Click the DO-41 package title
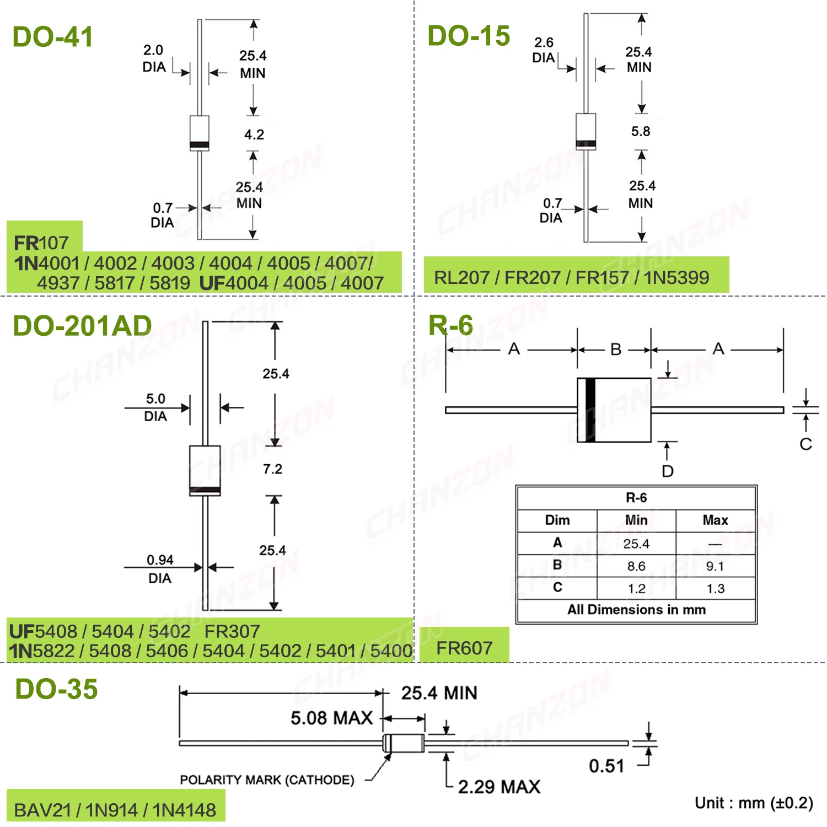click(x=52, y=37)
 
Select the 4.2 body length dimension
click(x=254, y=135)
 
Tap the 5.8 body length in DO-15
click(x=641, y=131)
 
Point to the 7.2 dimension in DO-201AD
click(x=272, y=469)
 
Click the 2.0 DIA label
click(x=154, y=58)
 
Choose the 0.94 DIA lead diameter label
click(x=160, y=568)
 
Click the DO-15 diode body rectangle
click(x=586, y=132)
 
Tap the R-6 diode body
click(x=614, y=410)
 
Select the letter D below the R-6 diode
click(x=668, y=471)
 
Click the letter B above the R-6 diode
click(x=616, y=350)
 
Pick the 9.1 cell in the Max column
click(x=715, y=566)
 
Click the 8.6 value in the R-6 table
click(x=636, y=566)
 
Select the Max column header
click(x=715, y=520)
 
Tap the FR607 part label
click(x=464, y=648)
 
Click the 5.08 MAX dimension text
click(x=332, y=718)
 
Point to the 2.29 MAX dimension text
click(x=499, y=787)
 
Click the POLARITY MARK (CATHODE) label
click(x=267, y=780)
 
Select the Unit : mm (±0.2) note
click(x=754, y=803)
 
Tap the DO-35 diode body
click(x=404, y=743)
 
